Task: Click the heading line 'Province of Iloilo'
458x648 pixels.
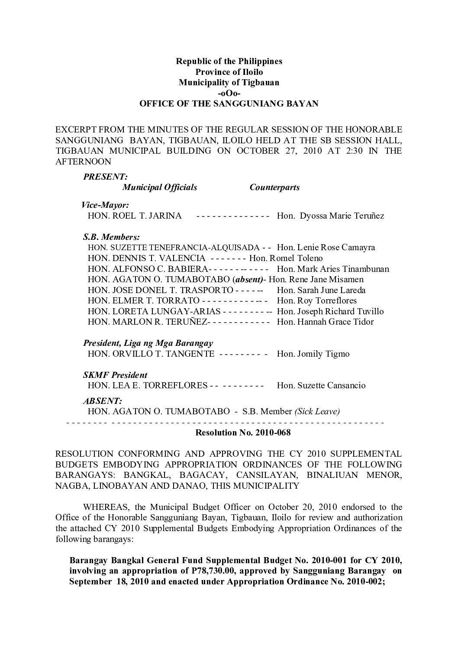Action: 229,72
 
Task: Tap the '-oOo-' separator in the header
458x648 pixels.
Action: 229,93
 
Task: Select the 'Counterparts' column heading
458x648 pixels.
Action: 274,187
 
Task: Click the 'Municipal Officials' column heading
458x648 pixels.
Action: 160,187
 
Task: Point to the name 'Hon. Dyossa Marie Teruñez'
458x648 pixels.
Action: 330,216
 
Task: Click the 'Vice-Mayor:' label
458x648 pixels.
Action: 106,205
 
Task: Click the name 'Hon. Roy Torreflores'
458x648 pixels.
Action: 316,300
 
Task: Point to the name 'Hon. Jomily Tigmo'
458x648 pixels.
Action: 313,354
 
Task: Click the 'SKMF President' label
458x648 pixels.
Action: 115,375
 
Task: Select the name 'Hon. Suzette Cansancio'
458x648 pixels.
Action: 321,385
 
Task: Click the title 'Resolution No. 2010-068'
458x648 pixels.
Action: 243,432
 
